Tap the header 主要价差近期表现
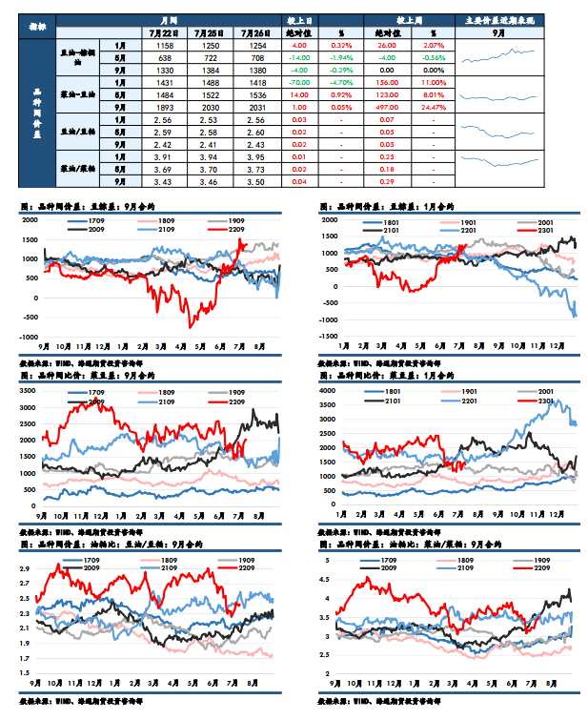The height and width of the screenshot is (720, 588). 498,19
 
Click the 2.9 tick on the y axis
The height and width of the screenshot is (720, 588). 25,569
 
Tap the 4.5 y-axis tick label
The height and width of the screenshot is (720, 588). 325,579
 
